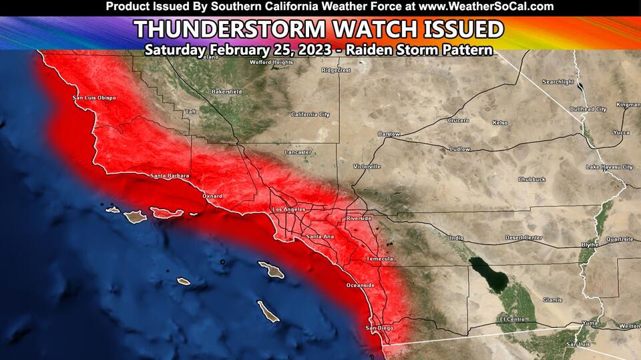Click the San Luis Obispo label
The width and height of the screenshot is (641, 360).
pyautogui.click(x=94, y=98)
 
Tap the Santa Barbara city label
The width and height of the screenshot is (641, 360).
pyautogui.click(x=170, y=176)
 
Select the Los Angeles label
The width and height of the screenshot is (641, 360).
pyautogui.click(x=288, y=210)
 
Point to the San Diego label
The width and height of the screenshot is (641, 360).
pyautogui.click(x=380, y=328)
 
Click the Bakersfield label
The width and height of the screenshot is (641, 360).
pyautogui.click(x=226, y=91)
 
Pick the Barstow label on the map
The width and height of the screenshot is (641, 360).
pyautogui.click(x=389, y=134)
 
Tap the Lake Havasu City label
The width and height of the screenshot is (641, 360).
pyautogui.click(x=609, y=166)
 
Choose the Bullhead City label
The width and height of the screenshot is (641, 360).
pyautogui.click(x=588, y=108)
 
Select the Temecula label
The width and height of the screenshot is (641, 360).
pyautogui.click(x=379, y=258)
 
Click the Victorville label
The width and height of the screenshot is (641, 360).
pyautogui.click(x=367, y=166)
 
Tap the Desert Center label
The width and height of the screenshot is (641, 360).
pyautogui.click(x=523, y=238)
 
